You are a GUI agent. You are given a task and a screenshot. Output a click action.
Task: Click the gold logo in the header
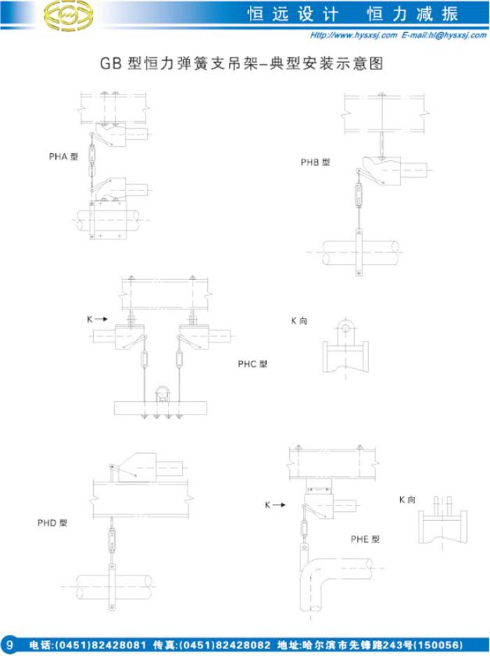69,15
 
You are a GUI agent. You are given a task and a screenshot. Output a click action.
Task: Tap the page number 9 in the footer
10,645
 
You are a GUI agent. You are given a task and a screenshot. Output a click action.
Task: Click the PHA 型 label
63,157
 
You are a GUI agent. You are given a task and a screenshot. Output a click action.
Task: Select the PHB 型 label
316,162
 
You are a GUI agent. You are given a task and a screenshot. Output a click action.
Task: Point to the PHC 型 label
252,364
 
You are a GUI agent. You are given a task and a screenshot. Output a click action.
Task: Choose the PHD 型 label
52,523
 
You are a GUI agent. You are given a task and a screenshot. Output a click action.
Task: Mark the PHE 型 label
365,539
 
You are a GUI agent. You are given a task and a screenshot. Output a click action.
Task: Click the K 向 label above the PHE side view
407,500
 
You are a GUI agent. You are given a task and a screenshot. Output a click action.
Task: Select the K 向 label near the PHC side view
299,321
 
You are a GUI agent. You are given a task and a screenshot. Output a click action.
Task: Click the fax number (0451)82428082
225,645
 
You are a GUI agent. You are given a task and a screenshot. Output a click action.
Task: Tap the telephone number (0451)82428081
100,645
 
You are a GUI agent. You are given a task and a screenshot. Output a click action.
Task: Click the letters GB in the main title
111,64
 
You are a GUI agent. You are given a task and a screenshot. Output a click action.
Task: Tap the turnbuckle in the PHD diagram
112,539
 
